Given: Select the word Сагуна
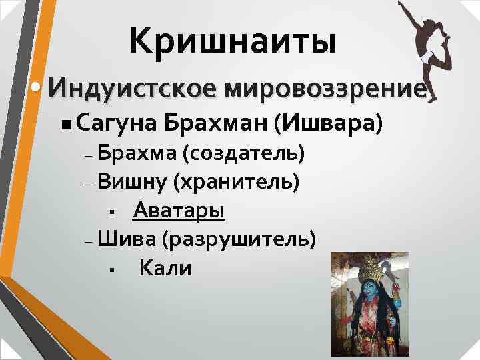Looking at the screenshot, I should (115, 123).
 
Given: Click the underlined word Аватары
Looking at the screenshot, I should (179, 211).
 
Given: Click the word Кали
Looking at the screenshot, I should (165, 269).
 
